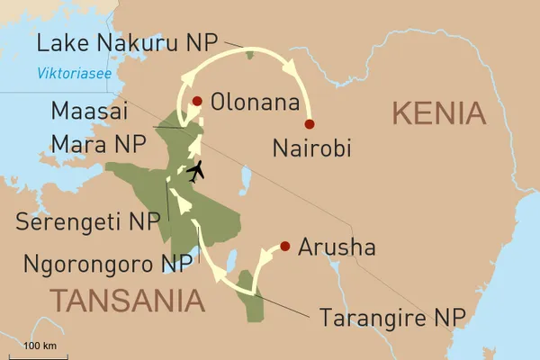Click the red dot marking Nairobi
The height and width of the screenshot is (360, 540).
[310, 124]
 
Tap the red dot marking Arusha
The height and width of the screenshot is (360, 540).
[285, 246]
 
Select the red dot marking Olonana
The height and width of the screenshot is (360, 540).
[197, 101]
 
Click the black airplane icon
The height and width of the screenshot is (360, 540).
[195, 170]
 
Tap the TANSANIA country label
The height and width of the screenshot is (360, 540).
[126, 299]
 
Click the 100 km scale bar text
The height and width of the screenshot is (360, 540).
[40, 346]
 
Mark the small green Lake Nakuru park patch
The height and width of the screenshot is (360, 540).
[249, 55]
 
